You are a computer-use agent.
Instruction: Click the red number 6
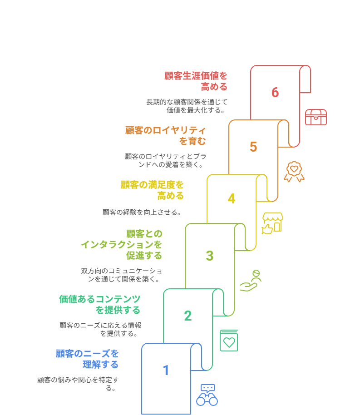point(275,92)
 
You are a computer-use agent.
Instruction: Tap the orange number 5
point(253,147)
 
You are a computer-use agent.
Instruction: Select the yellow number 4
point(232,198)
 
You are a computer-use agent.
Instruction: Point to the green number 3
point(210,256)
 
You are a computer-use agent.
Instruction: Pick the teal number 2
point(188,316)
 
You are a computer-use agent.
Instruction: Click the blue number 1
point(166,370)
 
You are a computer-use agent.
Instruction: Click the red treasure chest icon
point(316,117)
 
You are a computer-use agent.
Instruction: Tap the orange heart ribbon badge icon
point(294,172)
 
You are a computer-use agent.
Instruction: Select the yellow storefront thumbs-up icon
point(272,223)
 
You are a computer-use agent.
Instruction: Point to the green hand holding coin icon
point(251,281)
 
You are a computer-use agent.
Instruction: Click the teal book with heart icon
point(229,341)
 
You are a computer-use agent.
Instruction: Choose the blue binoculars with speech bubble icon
point(207,395)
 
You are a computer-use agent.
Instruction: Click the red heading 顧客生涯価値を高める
point(196,81)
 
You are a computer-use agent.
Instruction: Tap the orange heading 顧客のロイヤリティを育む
point(165,136)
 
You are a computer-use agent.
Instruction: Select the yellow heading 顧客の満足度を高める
point(152,190)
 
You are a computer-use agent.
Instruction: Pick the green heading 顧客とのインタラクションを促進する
point(122,245)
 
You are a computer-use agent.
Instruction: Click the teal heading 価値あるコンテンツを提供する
point(99,305)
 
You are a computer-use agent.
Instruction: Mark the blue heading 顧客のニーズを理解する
point(87,359)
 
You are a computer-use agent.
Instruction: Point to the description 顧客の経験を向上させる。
point(142,212)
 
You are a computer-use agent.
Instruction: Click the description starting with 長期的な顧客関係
point(187,106)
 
